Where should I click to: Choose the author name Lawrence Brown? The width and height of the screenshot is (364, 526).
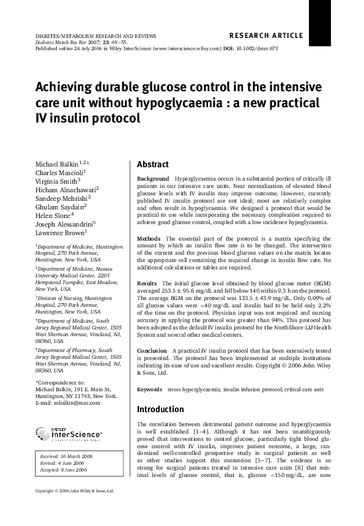point(59,233)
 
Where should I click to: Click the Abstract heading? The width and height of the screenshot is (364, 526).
point(152,165)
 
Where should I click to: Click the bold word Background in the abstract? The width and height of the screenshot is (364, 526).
point(153,179)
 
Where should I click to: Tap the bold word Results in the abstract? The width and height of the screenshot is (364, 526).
point(147,284)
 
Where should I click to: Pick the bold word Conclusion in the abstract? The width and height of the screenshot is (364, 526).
point(152,351)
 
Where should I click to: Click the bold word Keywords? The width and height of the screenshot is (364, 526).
point(149,389)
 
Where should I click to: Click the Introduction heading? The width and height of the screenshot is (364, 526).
point(160,409)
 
